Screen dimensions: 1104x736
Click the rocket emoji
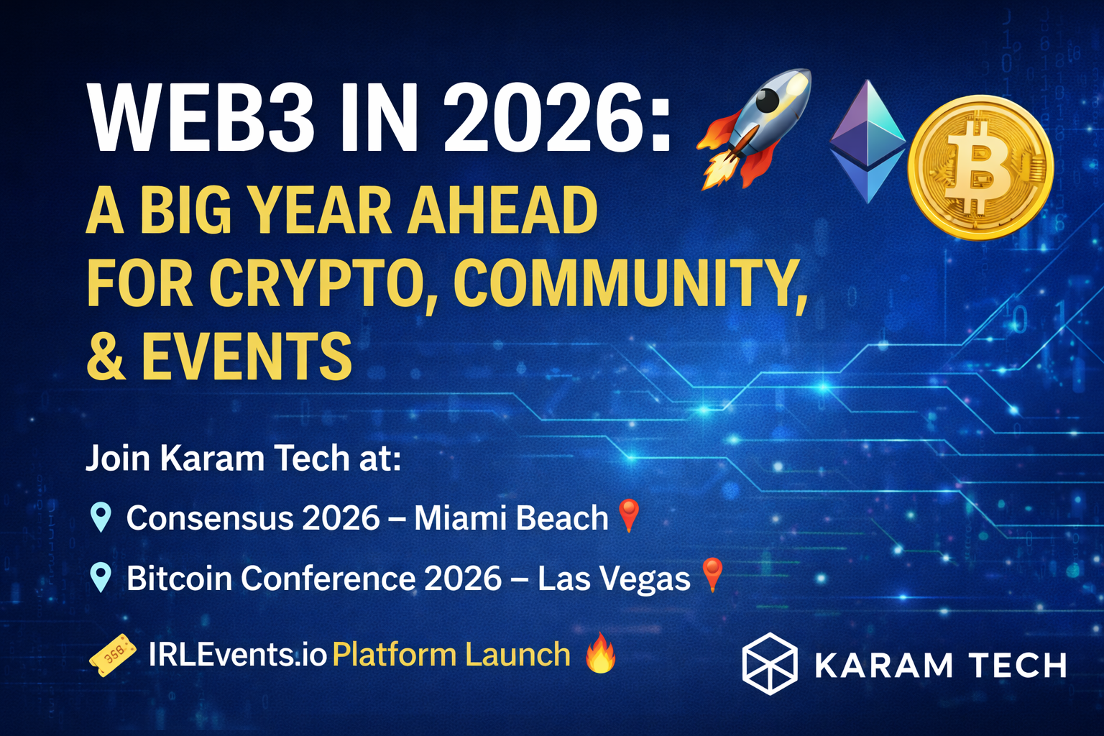tap(753, 129)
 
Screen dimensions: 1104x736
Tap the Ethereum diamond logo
tap(868, 142)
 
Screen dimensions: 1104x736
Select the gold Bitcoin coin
tap(981, 167)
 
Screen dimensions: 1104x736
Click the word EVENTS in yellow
tap(247, 356)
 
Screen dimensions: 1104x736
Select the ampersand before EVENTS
tap(106, 356)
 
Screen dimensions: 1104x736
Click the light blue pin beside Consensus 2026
tap(101, 517)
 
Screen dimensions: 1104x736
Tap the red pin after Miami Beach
tap(629, 515)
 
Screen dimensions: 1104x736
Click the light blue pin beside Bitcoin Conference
tap(101, 577)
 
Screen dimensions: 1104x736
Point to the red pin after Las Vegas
tap(712, 574)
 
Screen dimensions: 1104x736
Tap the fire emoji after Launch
tap(600, 653)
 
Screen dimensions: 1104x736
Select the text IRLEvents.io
tap(238, 655)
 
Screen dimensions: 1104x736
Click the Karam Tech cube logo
tap(770, 663)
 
